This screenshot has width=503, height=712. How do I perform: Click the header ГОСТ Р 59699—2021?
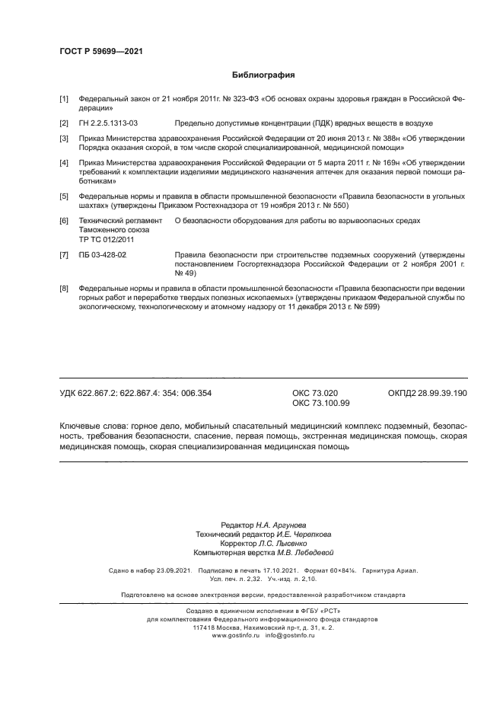[x=100, y=51]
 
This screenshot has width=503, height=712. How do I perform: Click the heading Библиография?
[x=263, y=75]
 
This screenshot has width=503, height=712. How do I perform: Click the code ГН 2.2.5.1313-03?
[x=108, y=123]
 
